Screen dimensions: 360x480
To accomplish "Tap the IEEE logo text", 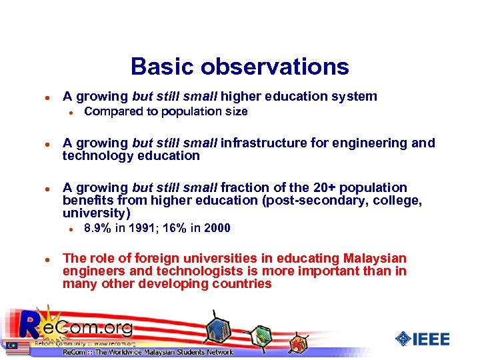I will coord(431,339).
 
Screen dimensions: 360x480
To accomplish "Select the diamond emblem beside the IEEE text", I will coord(403,339).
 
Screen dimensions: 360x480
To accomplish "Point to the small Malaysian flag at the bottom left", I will coord(11,345).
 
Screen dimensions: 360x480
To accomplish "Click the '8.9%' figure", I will coord(97,229).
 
